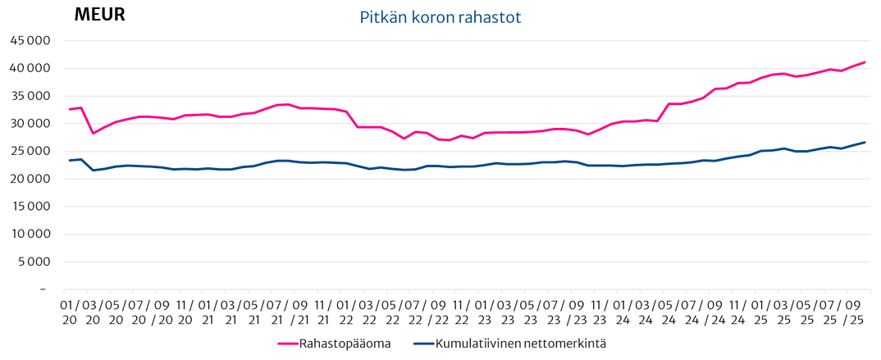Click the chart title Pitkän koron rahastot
pos(440,17)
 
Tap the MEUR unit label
pos(99,15)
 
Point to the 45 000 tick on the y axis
pos(30,41)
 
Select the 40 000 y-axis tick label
pos(30,69)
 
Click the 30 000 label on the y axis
pos(30,124)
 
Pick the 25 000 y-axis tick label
pos(30,152)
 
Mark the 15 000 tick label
pos(30,207)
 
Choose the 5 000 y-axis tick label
pos(34,262)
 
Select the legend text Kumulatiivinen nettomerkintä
pos(521,343)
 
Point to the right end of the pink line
pos(865,62)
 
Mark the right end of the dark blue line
pos(865,143)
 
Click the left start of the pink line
pos(69,109)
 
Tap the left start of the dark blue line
pos(69,161)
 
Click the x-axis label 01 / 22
pos(346,313)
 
